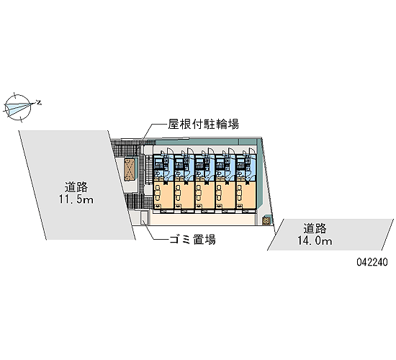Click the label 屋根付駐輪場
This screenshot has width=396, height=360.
tap(204, 125)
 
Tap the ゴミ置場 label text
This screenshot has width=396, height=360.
tap(192, 239)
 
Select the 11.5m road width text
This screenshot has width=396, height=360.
tap(76, 199)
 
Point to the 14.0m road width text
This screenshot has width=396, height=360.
tap(315, 240)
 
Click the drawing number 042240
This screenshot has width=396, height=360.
tap(372, 262)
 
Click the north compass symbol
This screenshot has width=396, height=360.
tap(19, 107)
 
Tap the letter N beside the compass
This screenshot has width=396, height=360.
tap(39, 102)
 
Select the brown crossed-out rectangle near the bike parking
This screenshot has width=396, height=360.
tap(129, 170)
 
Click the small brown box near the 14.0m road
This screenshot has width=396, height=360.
tap(266, 221)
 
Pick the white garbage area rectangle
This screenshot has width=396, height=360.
tap(144, 217)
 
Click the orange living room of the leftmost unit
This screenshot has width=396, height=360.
tap(163, 195)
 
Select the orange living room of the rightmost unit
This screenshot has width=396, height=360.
tap(246, 195)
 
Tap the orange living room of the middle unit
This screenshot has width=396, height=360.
tap(204, 195)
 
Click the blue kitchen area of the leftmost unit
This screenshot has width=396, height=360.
tap(163, 167)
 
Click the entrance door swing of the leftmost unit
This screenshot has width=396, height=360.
tap(168, 150)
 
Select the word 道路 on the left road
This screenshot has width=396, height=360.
tap(76, 187)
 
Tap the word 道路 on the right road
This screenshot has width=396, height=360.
tap(315, 228)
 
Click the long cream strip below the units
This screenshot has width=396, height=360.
tap(202, 219)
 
